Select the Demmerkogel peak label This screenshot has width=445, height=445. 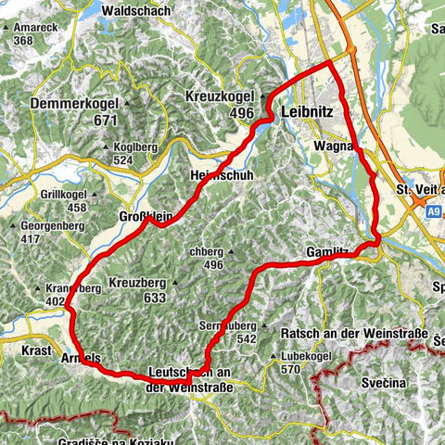pyautogui.click(x=76, y=104)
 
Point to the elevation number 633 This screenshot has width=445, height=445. pyautogui.click(x=155, y=298)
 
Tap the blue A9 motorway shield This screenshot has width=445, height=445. pyautogui.click(x=434, y=212)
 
